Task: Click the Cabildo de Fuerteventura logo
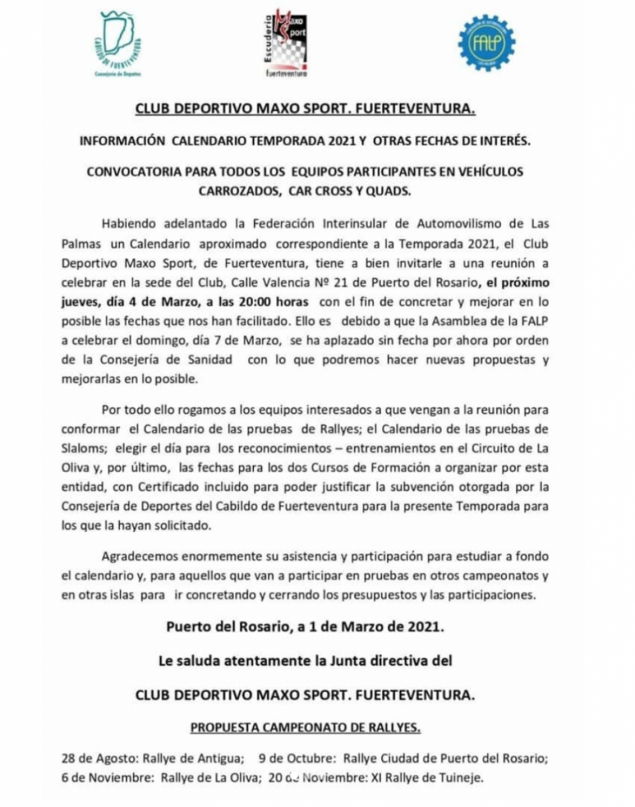point(118,43)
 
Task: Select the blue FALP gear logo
point(486,43)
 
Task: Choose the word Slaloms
point(82,449)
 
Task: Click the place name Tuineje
point(458,778)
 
